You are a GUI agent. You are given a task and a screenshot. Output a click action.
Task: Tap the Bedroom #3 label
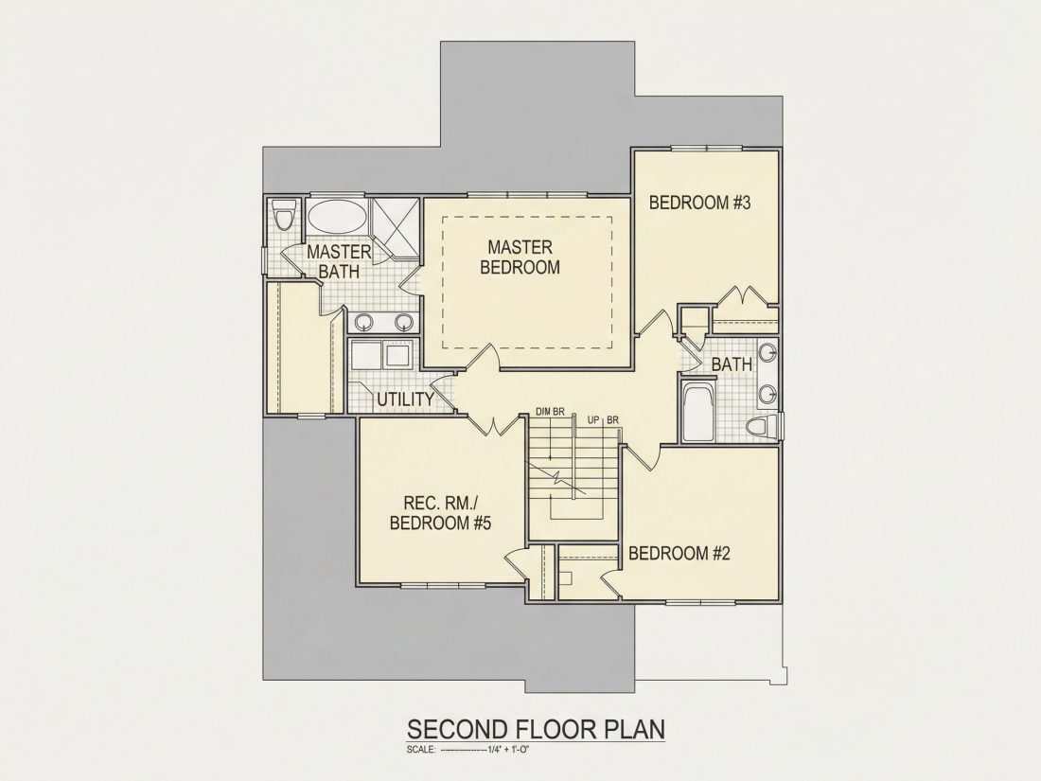[x=699, y=203]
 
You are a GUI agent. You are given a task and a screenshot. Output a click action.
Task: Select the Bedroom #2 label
[x=679, y=553]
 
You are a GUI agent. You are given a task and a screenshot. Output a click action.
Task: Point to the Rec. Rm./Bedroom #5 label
[x=440, y=513]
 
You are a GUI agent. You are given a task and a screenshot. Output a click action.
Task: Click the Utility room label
[x=406, y=399]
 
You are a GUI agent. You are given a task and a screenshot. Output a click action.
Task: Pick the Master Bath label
[x=339, y=261]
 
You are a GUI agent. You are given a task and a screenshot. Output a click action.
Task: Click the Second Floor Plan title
[x=535, y=729]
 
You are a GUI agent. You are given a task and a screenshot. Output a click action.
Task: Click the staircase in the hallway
[x=573, y=475]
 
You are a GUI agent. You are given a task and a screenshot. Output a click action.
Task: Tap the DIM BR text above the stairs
[x=550, y=412]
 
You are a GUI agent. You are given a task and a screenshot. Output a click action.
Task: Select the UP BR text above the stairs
[x=603, y=419]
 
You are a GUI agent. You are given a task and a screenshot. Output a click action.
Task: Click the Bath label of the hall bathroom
[x=732, y=364]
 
